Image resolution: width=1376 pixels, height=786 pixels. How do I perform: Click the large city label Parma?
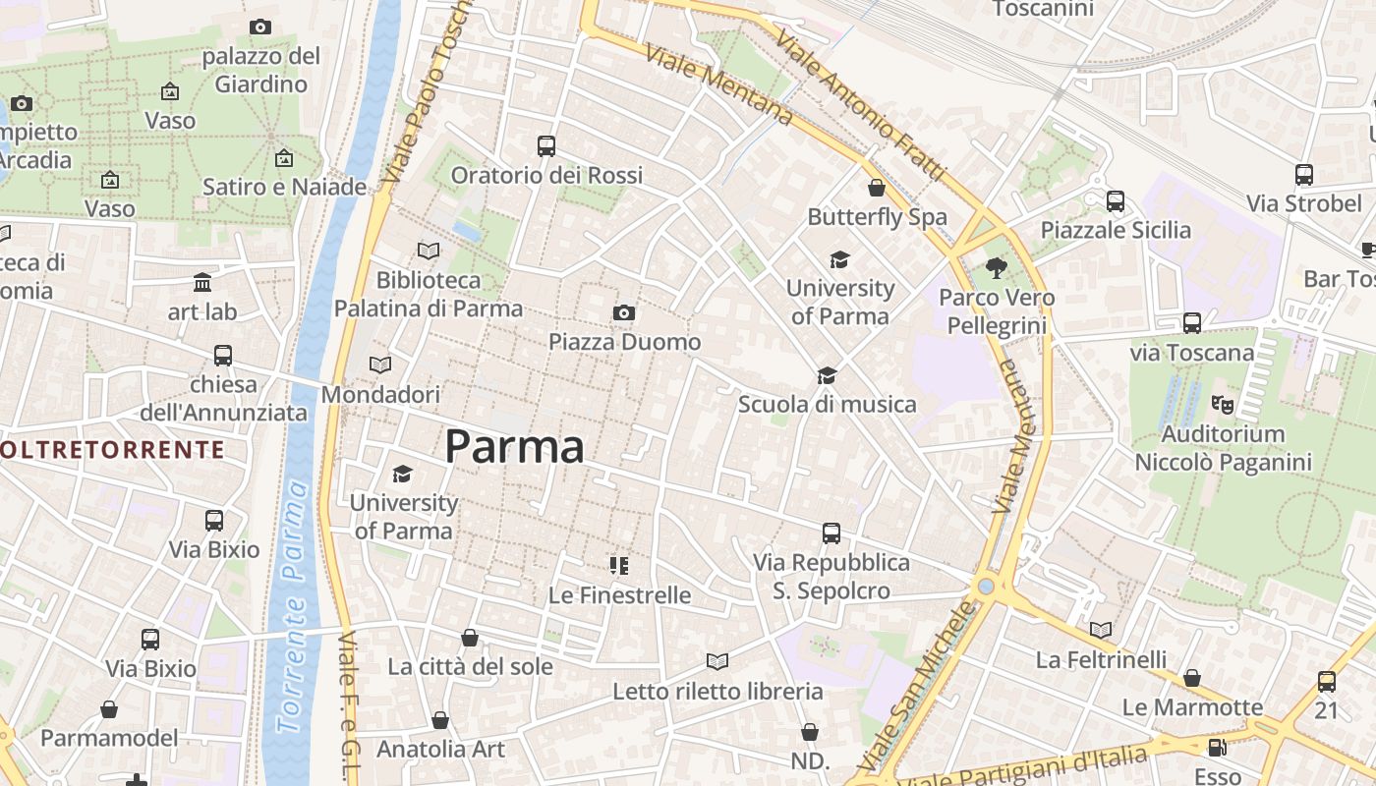514,447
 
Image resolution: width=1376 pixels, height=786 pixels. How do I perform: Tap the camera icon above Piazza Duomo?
623,313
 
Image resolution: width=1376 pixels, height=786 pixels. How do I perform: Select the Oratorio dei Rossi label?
546,176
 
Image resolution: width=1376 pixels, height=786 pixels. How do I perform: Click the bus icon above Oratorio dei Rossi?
546,146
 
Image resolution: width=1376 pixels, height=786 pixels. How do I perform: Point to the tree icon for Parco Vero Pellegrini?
997,267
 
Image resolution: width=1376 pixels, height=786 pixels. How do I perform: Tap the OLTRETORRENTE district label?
111,450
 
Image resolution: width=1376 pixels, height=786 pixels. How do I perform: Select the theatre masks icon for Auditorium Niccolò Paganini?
1223,404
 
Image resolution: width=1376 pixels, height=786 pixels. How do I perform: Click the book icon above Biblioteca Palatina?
429,251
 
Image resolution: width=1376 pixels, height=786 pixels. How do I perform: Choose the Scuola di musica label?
827,404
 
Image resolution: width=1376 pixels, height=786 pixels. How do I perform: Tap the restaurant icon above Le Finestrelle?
618,565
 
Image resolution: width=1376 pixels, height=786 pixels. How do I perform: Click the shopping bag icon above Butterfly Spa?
877,188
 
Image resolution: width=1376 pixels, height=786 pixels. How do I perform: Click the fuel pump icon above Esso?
1217,748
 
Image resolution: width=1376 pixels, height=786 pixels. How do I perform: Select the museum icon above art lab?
202,283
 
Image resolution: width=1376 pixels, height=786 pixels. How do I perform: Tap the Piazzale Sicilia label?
1116,230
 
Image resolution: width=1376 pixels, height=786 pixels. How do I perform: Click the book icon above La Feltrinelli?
1101,630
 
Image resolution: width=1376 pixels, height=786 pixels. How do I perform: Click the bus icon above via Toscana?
1192,322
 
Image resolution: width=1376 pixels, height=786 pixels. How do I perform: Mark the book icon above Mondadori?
380,365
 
